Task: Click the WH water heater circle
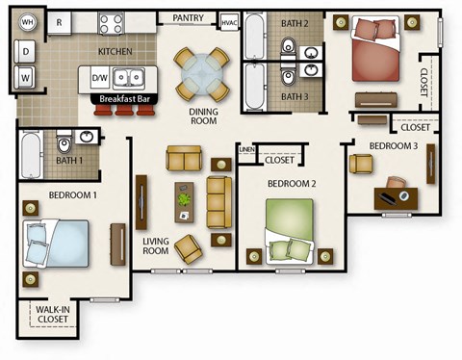point(27,21)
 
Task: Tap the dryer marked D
point(26,48)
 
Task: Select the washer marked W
point(26,74)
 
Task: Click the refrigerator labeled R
point(59,20)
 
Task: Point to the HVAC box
point(229,21)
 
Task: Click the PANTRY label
point(188,17)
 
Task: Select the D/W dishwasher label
point(100,77)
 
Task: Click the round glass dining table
point(202,72)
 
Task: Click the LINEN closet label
point(246,150)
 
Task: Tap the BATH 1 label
point(68,160)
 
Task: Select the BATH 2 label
point(295,23)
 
